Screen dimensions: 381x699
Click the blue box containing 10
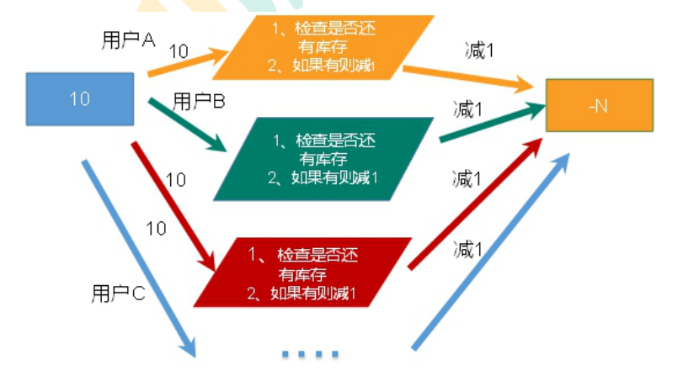point(80,99)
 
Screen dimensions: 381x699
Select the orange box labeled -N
point(599,105)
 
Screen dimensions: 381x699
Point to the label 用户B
point(199,103)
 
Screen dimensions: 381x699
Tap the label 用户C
point(117,294)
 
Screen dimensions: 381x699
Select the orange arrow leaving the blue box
point(189,63)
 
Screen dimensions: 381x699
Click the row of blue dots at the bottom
point(310,354)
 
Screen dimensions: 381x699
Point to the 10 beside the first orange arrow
point(179,51)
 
